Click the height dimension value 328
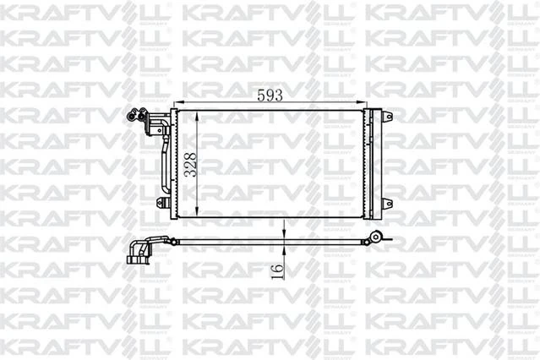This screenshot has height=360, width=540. (x=191, y=162)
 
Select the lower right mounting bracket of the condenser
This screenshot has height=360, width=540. (x=386, y=203)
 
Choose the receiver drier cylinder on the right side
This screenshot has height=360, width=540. (x=376, y=165)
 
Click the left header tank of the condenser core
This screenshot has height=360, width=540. (x=174, y=165)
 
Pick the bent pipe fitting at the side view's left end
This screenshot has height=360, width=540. (x=137, y=251)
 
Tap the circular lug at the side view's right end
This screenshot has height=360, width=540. (x=379, y=237)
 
